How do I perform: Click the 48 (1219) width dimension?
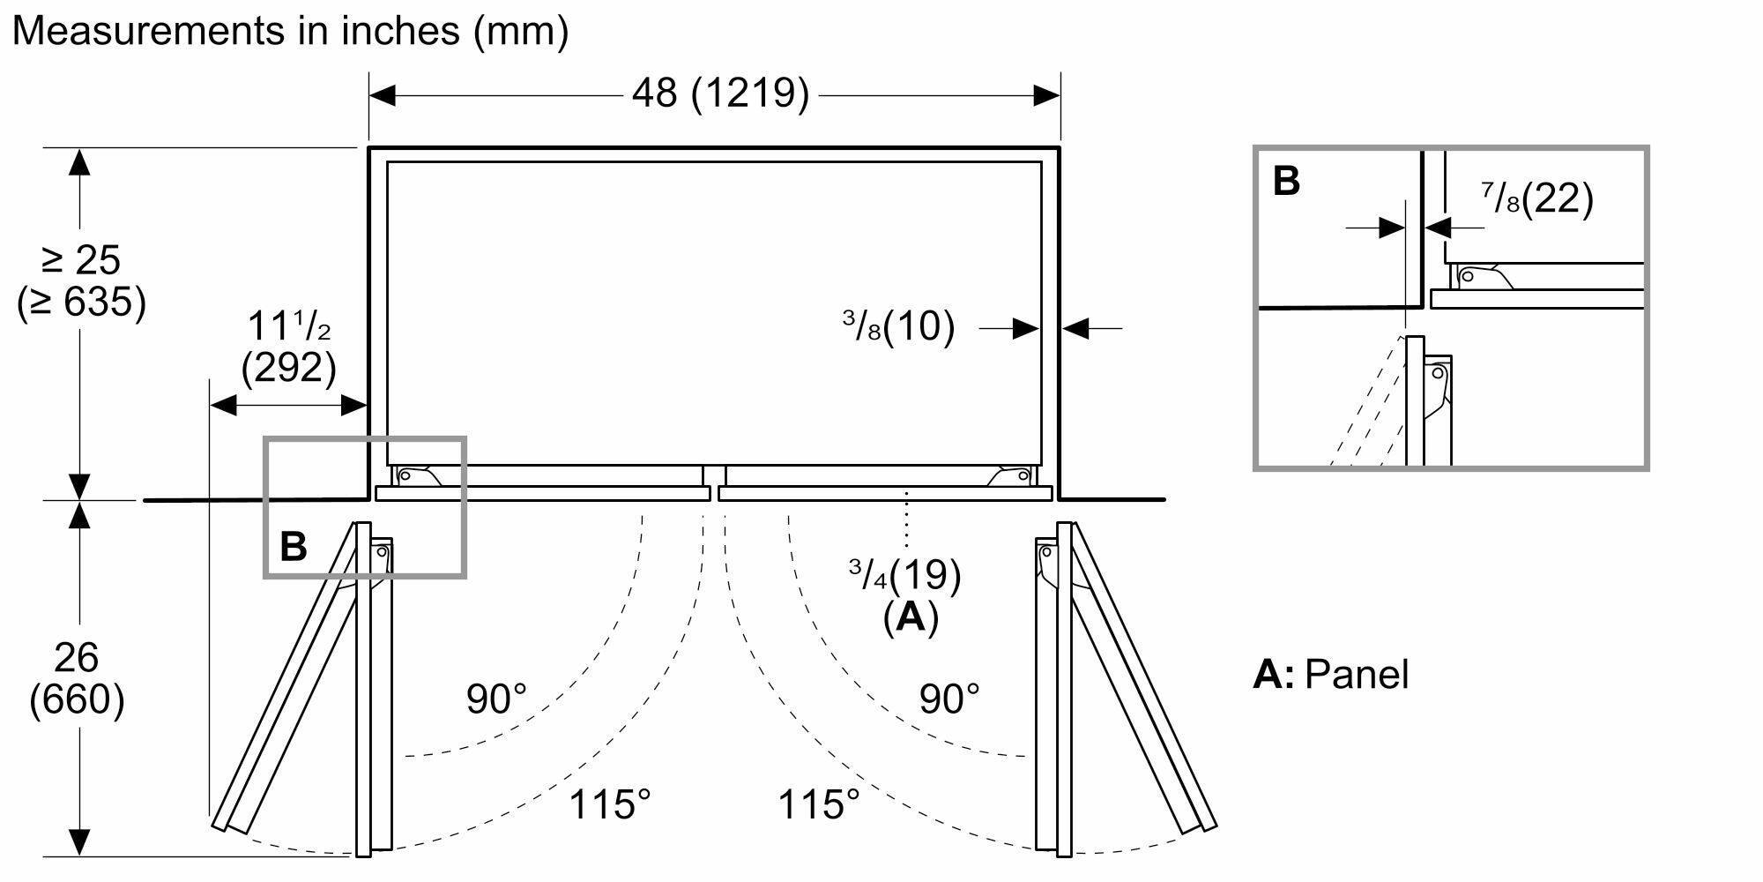(719, 93)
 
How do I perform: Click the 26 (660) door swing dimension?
(77, 678)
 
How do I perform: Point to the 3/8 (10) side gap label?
(898, 327)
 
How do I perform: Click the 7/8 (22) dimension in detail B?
(1537, 199)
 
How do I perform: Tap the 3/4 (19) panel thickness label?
(904, 576)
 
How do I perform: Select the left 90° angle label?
(496, 699)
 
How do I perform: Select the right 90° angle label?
(949, 699)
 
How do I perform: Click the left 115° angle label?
(609, 804)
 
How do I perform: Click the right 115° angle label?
(818, 804)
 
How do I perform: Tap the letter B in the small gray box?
(294, 547)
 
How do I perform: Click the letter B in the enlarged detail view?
(1286, 182)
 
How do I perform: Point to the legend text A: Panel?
(1331, 675)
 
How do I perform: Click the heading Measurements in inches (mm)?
(290, 31)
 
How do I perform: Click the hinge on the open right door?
(1049, 565)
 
